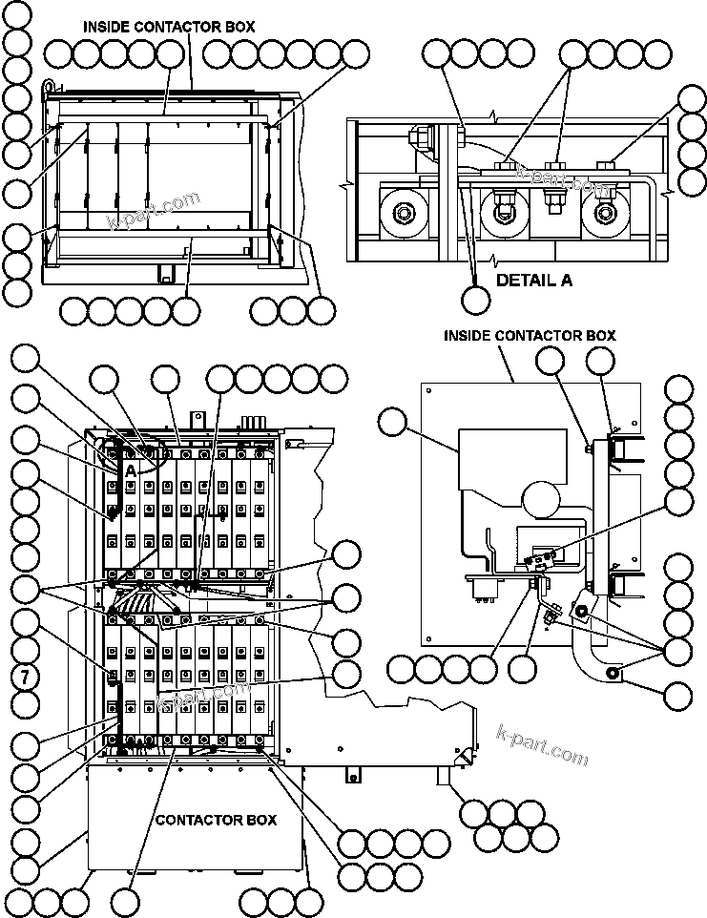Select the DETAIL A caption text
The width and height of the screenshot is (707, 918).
coord(534,281)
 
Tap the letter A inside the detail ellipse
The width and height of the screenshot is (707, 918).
coord(129,470)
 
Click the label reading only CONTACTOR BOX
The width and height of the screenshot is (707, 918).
coord(216,820)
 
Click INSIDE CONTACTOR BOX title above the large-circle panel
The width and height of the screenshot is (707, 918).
coord(530,335)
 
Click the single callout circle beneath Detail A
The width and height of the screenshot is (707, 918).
coord(476,299)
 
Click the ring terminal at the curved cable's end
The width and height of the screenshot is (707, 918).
coord(612,677)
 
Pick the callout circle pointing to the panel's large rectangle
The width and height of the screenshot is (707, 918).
coord(391,421)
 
